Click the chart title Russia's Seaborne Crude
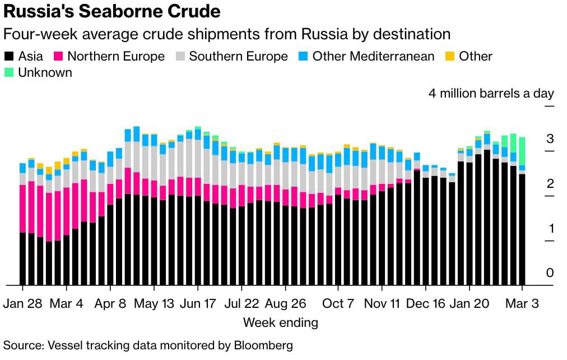(111, 11)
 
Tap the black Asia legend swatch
(9, 57)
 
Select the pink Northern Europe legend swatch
(58, 57)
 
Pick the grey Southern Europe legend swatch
(180, 57)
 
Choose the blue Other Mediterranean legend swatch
(304, 57)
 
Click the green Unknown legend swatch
(9, 72)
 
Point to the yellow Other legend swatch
(450, 57)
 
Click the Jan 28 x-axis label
(23, 303)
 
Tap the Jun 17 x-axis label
(198, 303)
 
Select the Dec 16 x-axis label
(426, 303)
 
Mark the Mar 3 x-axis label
(522, 303)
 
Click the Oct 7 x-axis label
(338, 303)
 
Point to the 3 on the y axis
(550, 139)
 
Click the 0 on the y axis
(550, 273)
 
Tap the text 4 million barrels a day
(491, 93)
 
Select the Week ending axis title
(280, 322)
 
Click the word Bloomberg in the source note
(263, 345)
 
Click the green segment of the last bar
(522, 151)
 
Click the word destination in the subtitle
(412, 34)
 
